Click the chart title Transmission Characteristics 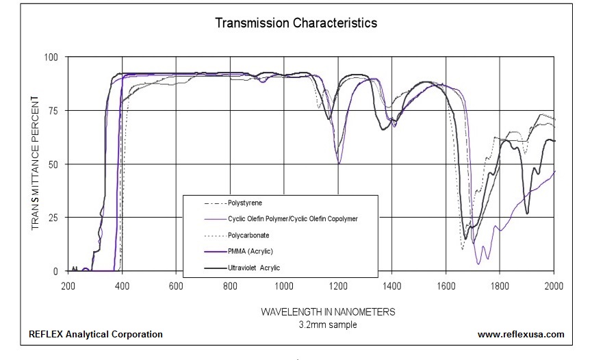click(296, 23)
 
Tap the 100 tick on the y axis click(52, 57)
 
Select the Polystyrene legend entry click(245, 203)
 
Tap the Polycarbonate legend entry click(250, 235)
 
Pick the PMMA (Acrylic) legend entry click(253, 251)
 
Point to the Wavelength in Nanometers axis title click(328, 312)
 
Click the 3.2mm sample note click(328, 324)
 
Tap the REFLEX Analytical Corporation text click(96, 335)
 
